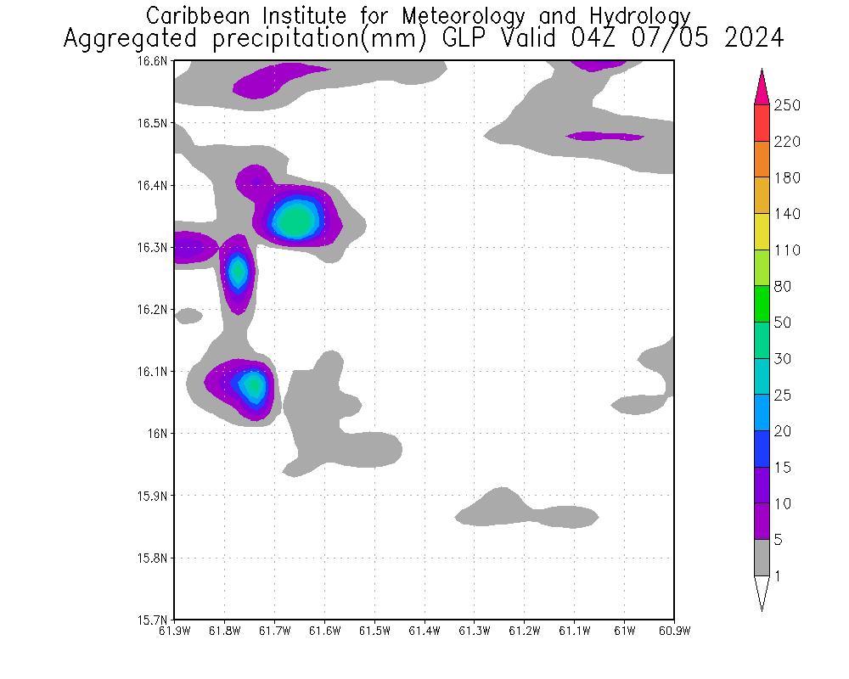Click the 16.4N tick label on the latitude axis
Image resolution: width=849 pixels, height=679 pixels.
[x=155, y=185]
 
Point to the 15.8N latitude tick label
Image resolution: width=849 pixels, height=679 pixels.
[x=155, y=558]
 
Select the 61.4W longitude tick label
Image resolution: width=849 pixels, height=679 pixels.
[x=424, y=631]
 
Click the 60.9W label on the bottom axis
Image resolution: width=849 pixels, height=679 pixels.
[x=673, y=631]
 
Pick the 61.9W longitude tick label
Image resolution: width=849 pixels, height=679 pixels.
[x=175, y=631]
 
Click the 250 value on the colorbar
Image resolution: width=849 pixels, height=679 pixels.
[x=787, y=105]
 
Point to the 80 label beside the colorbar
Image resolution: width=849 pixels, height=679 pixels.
[x=783, y=287]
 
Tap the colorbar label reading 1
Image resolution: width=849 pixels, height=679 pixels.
[x=779, y=576]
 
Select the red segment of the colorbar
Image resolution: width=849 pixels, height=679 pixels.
[x=762, y=123]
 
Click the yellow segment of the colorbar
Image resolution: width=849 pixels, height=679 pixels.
[x=762, y=232]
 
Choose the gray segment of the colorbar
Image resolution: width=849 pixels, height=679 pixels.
[x=762, y=558]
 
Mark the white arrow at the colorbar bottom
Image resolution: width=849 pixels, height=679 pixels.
[x=762, y=592]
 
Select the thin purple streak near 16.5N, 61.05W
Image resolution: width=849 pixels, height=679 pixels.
[x=605, y=136]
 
